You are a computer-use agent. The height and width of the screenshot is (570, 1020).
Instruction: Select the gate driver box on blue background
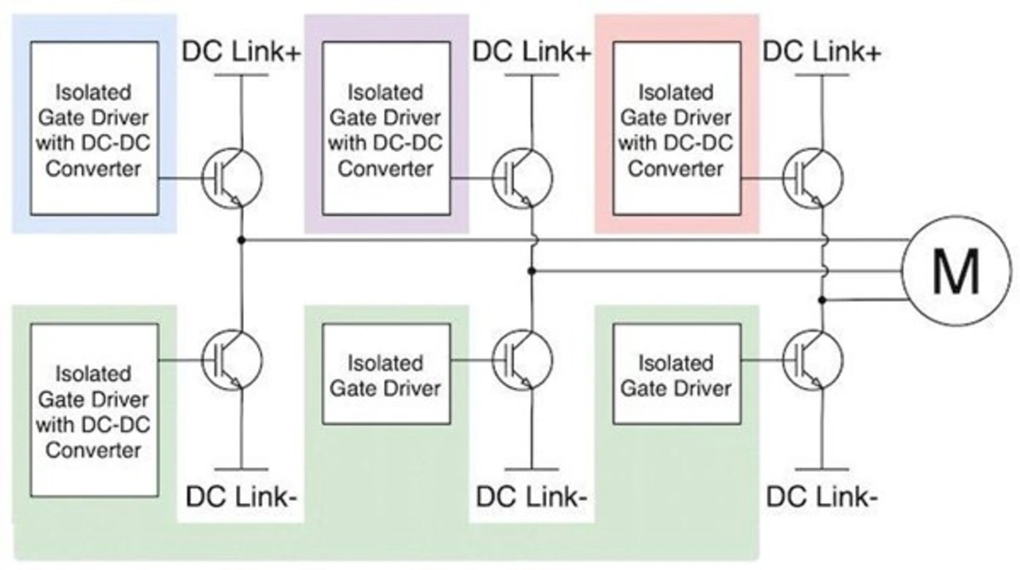94,128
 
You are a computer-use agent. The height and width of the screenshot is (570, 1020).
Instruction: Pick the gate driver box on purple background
385,128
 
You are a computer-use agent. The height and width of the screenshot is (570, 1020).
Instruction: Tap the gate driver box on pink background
676,128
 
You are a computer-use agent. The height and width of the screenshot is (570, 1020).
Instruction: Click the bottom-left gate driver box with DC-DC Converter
94,411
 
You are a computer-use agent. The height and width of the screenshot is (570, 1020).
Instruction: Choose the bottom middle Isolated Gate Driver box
385,374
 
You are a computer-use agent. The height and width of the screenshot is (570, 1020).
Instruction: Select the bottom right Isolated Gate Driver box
676,374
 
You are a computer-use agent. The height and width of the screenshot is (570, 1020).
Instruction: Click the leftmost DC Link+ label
242,52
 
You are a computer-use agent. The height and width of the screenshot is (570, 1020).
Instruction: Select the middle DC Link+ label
532,52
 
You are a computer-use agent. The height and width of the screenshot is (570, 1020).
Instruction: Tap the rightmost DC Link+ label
822,52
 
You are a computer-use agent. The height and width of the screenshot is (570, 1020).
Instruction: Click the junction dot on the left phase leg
241,239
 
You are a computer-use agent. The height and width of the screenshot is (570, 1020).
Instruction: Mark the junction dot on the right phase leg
822,301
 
